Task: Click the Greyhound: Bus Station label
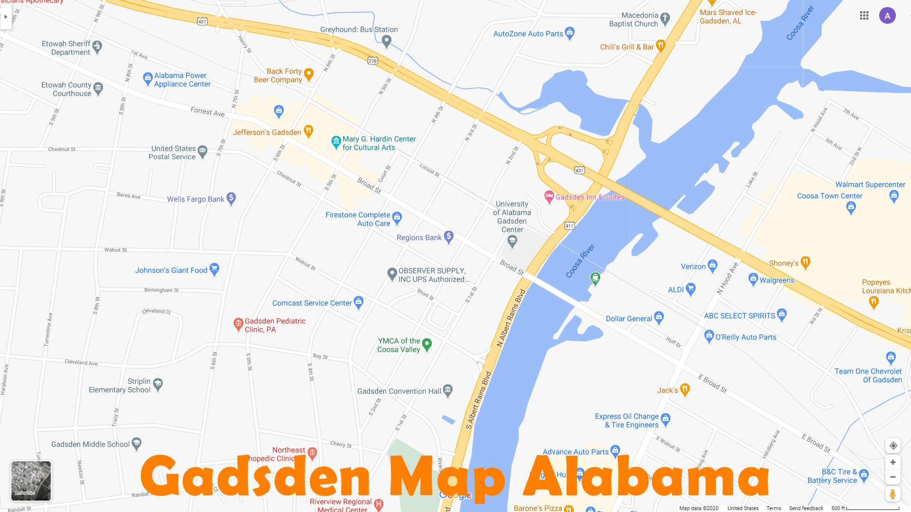click(359, 29)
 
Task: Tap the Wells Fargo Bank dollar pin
click(231, 198)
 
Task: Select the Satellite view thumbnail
click(31, 481)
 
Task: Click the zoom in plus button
click(892, 462)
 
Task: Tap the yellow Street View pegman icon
click(892, 494)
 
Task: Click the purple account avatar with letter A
click(887, 16)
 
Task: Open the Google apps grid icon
click(864, 16)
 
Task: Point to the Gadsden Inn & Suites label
click(590, 197)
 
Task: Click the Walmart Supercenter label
click(870, 184)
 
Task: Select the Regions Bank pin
click(449, 237)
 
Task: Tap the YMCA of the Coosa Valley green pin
click(427, 344)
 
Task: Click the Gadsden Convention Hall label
click(399, 391)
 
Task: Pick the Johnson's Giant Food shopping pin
click(214, 269)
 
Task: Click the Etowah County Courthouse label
click(66, 89)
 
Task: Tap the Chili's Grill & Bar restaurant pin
click(660, 46)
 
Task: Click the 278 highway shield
click(373, 61)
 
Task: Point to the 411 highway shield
click(569, 226)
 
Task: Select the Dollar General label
click(629, 319)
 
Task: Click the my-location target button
click(892, 446)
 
